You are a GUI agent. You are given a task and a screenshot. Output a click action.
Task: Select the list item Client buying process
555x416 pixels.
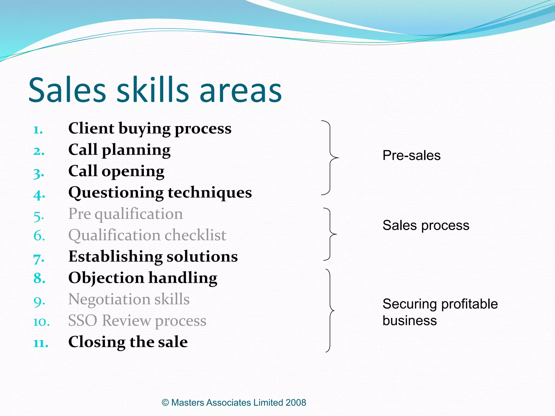pyautogui.click(x=150, y=128)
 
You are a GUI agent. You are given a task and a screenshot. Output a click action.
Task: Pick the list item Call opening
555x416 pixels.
pyautogui.click(x=116, y=171)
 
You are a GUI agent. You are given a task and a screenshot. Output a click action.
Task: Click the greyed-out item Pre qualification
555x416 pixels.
pyautogui.click(x=125, y=214)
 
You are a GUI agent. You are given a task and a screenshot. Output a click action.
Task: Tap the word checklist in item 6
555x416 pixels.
pyautogui.click(x=195, y=235)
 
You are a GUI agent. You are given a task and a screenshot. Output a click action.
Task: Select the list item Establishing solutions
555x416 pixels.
pyautogui.click(x=153, y=256)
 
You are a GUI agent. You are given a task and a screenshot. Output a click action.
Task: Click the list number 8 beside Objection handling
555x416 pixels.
pyautogui.click(x=39, y=278)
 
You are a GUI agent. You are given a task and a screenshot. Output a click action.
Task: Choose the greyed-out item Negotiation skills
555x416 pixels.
pyautogui.click(x=129, y=299)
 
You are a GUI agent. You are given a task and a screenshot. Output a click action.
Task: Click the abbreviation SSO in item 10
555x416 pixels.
pyautogui.click(x=83, y=321)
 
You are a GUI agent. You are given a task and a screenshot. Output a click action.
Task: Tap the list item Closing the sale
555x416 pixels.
pyautogui.click(x=128, y=342)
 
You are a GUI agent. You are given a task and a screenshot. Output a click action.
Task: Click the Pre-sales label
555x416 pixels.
pyautogui.click(x=411, y=155)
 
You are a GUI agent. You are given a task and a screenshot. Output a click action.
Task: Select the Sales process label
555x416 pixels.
pyautogui.click(x=426, y=225)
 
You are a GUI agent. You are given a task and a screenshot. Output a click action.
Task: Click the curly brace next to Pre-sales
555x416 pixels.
pyautogui.click(x=330, y=157)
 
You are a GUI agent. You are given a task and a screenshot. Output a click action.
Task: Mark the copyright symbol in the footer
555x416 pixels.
pyautogui.click(x=165, y=402)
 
